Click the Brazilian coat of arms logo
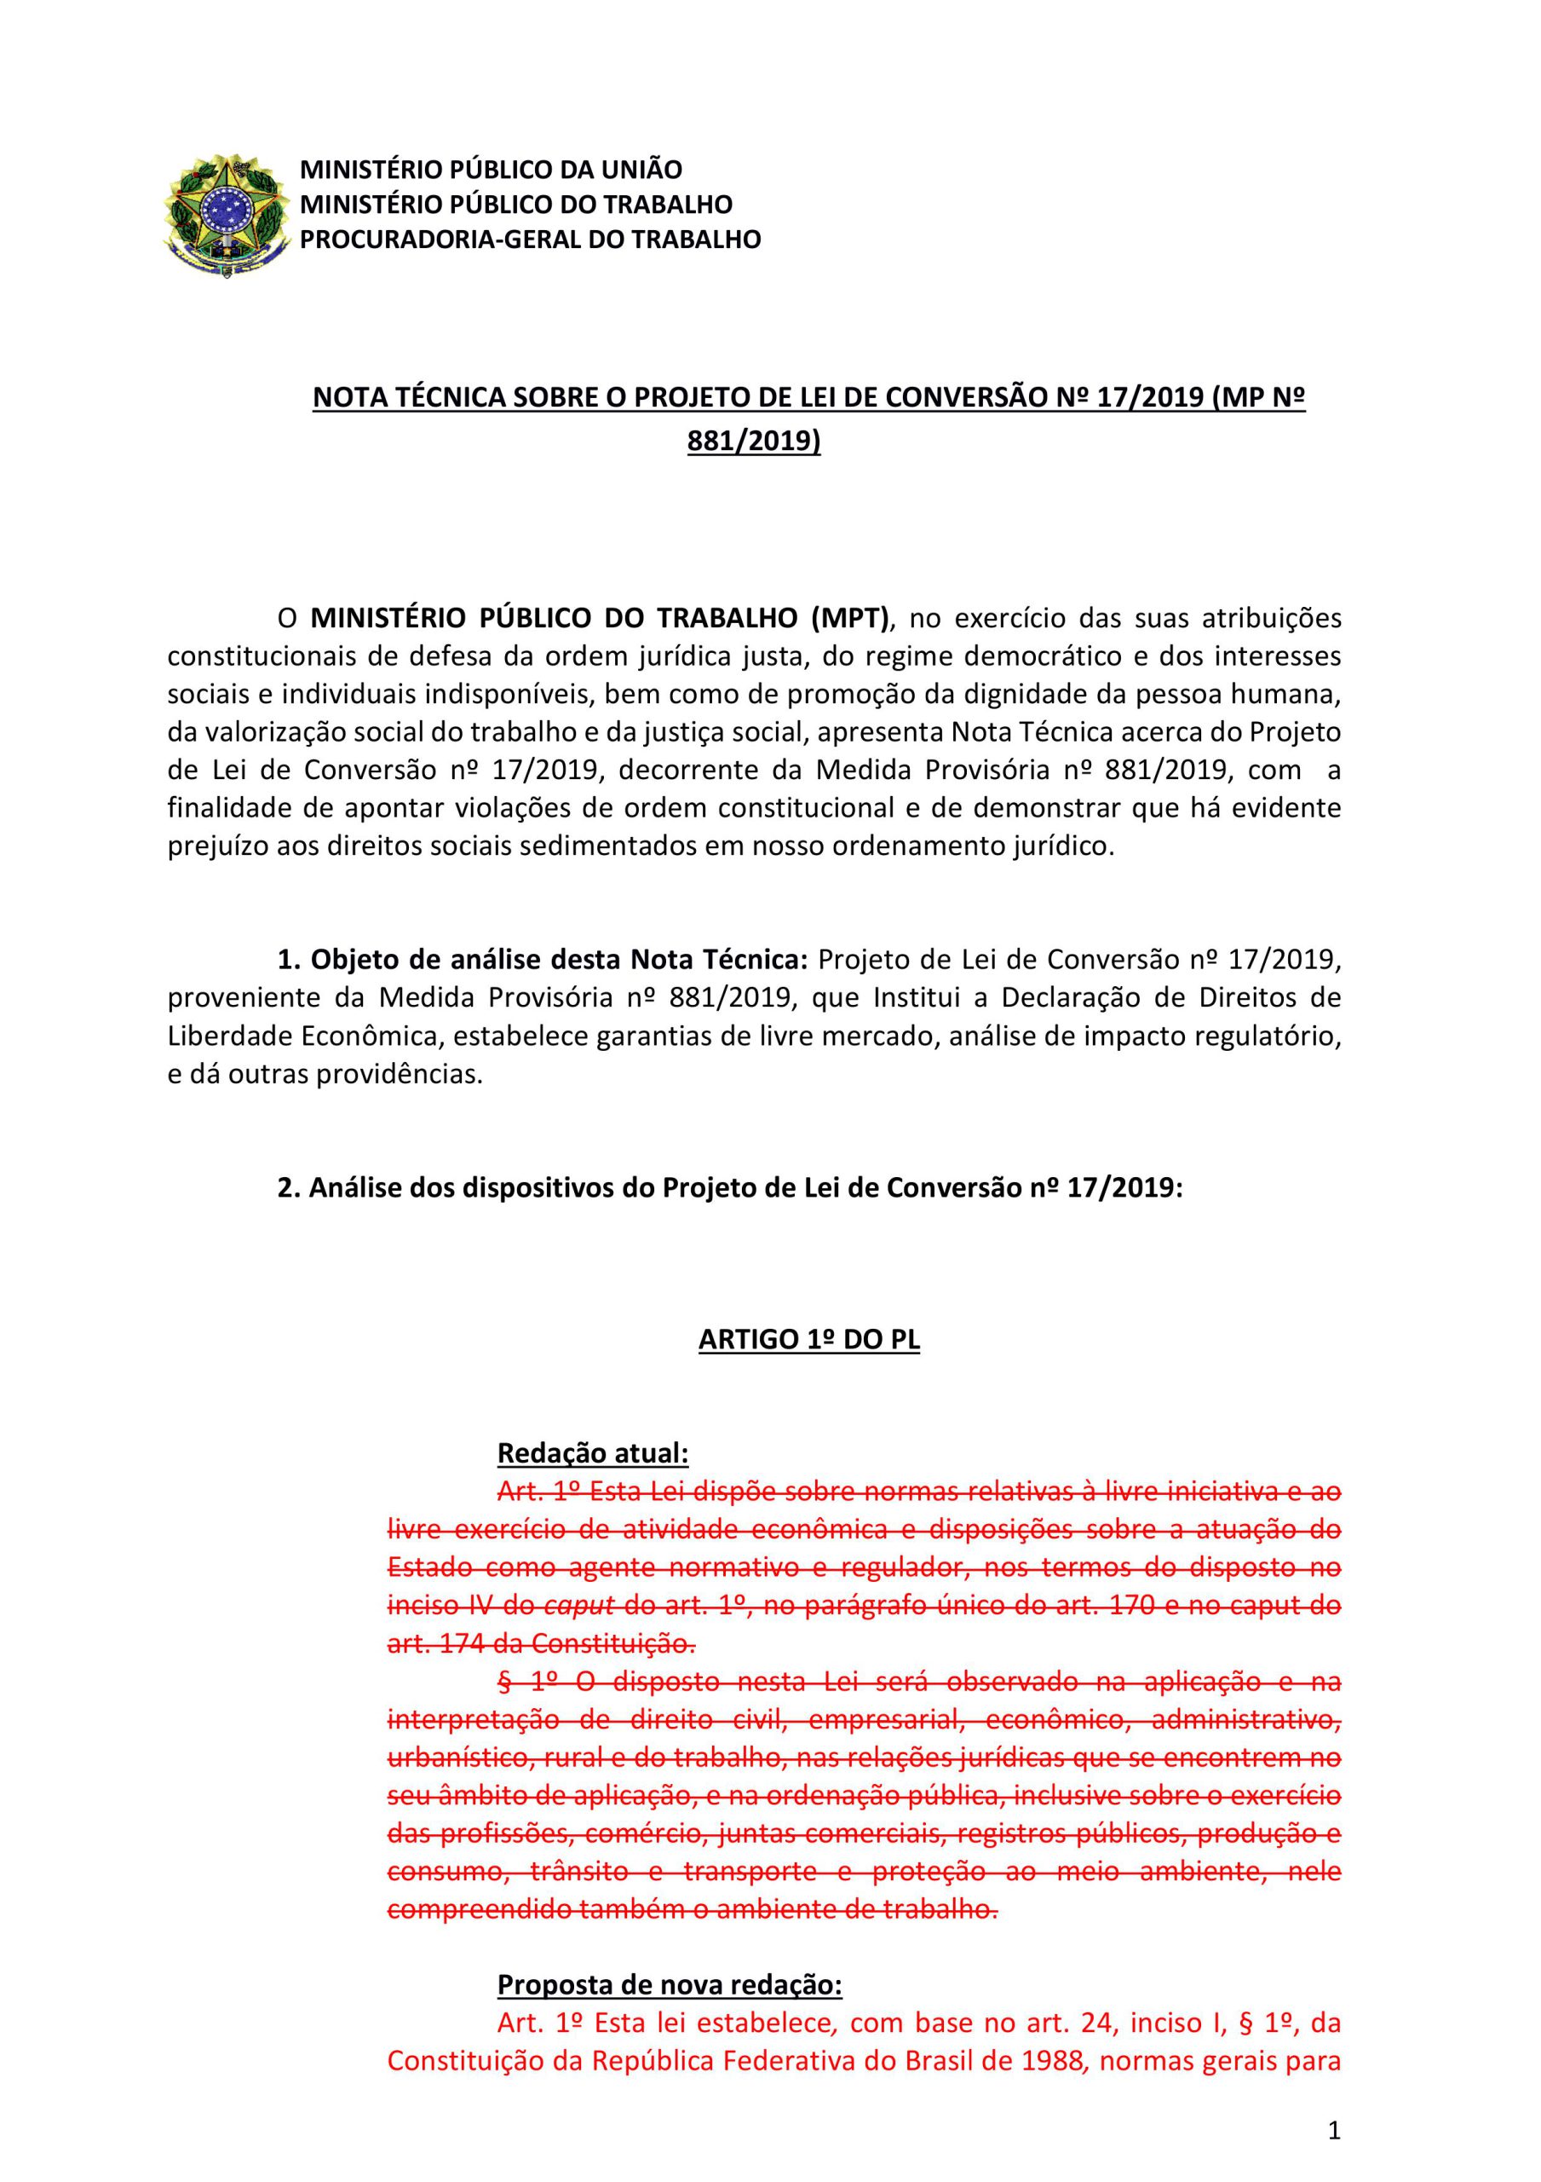point(225,215)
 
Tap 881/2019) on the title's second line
point(753,441)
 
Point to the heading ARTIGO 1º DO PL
point(808,1339)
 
